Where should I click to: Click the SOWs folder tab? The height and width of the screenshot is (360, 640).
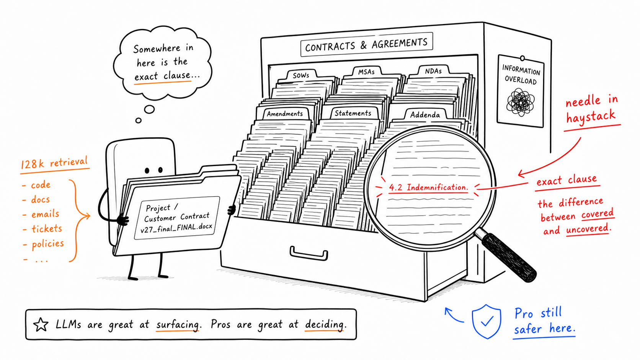pos(301,75)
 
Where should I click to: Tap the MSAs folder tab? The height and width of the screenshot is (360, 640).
pos(367,72)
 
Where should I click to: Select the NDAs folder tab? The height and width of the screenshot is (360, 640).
pos(433,71)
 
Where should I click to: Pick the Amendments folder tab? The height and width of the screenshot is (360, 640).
pos(284,114)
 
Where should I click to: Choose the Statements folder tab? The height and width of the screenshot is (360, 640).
pos(353,113)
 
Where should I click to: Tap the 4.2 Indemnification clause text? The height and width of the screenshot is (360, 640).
pos(429,187)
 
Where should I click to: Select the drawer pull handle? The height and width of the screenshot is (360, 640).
pos(309,254)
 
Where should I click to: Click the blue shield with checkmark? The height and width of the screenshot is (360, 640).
pos(487,321)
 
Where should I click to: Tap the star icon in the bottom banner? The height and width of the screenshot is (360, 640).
pos(41,324)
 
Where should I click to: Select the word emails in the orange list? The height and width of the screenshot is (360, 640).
pos(45,214)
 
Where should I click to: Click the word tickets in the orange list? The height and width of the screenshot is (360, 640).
pos(47,229)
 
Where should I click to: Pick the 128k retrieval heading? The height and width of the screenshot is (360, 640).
pos(54,163)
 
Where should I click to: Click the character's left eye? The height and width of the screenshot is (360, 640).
pos(147,171)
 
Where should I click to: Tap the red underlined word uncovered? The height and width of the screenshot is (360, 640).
pos(588,229)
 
